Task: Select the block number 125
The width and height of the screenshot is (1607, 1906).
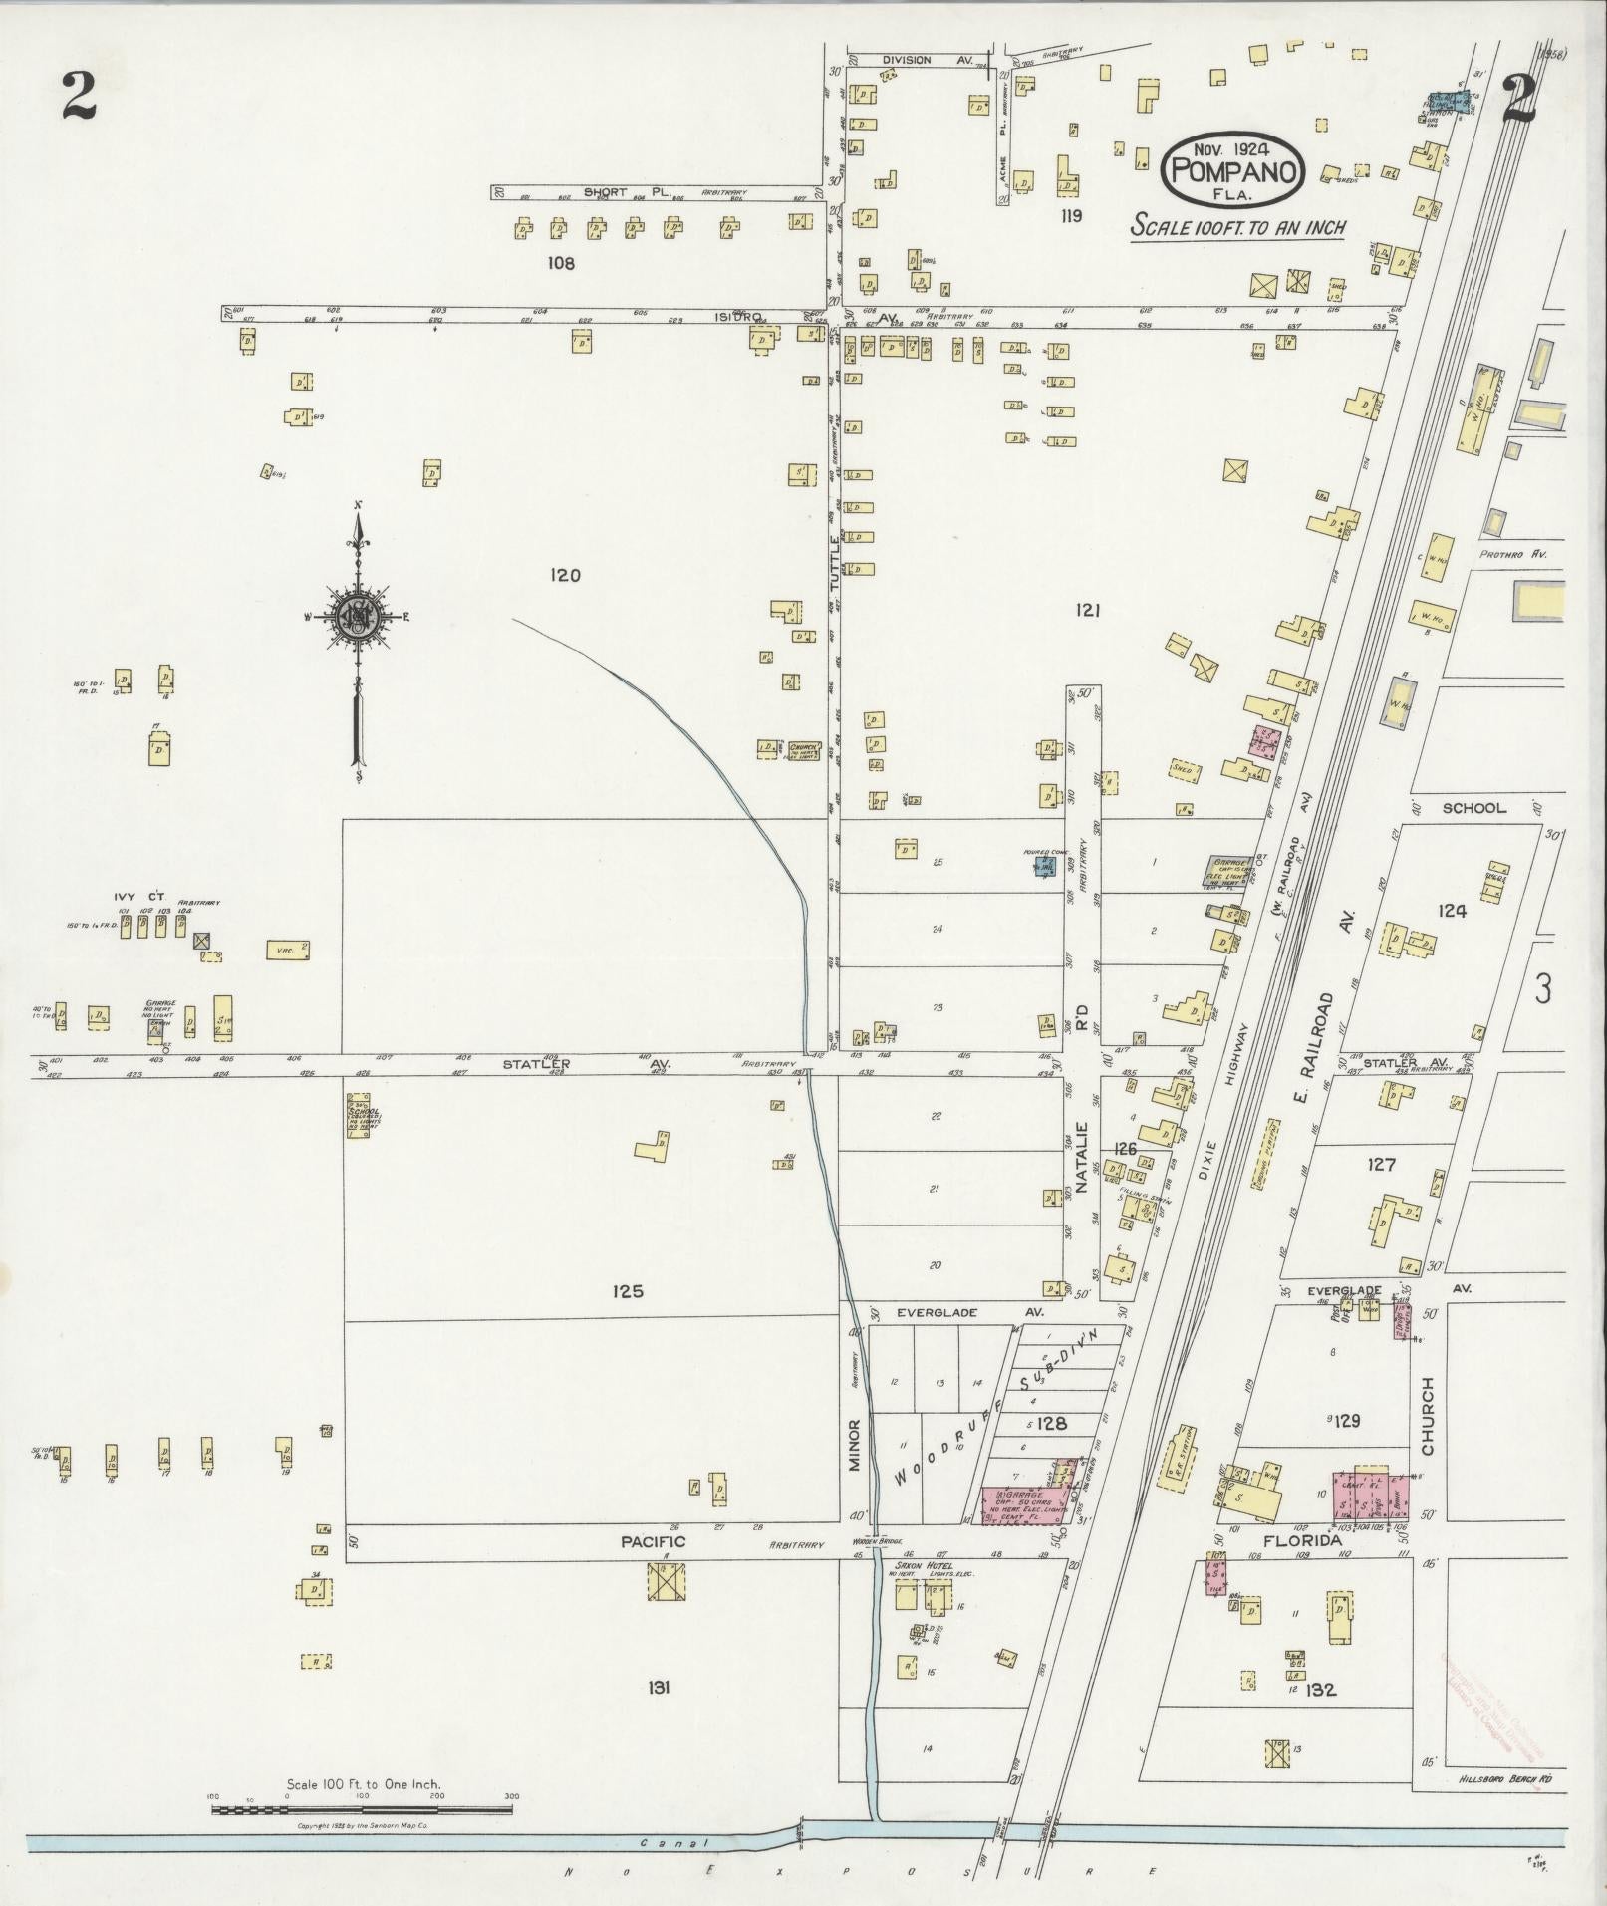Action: [628, 1291]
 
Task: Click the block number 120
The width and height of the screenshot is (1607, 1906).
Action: [564, 575]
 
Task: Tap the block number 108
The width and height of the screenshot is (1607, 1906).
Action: [561, 263]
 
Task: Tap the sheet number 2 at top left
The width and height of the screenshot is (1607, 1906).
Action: [77, 96]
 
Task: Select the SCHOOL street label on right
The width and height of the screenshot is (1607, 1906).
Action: [1473, 808]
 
